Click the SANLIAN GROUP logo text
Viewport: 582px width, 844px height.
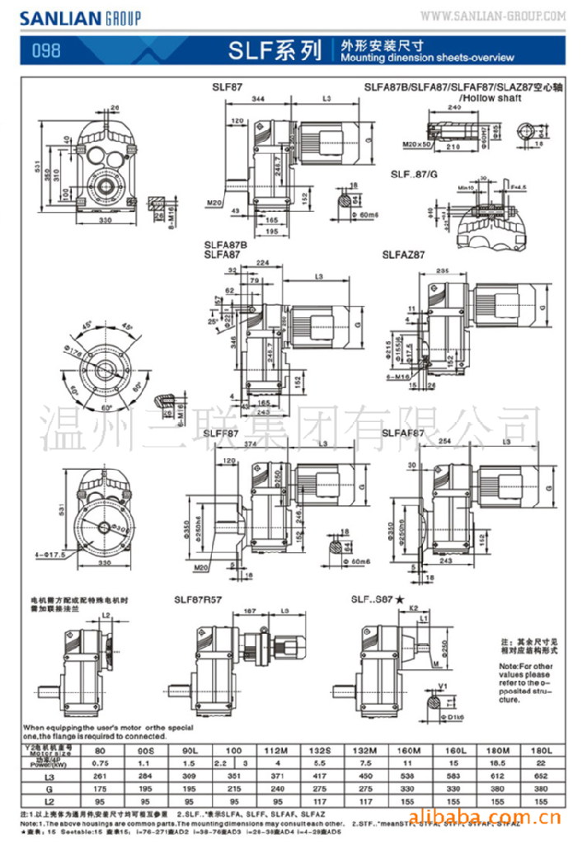pyautogui.click(x=80, y=17)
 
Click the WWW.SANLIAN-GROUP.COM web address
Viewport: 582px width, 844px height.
pyautogui.click(x=493, y=16)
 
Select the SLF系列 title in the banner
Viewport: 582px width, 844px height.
pyautogui.click(x=275, y=51)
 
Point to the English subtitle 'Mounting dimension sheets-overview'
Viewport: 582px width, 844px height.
pyautogui.click(x=427, y=58)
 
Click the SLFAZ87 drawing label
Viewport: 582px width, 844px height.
pyautogui.click(x=404, y=256)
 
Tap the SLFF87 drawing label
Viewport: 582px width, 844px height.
pyautogui.click(x=221, y=433)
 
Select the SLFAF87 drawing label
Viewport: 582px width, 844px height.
pyautogui.click(x=404, y=433)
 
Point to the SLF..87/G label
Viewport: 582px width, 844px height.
pyautogui.click(x=415, y=174)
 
